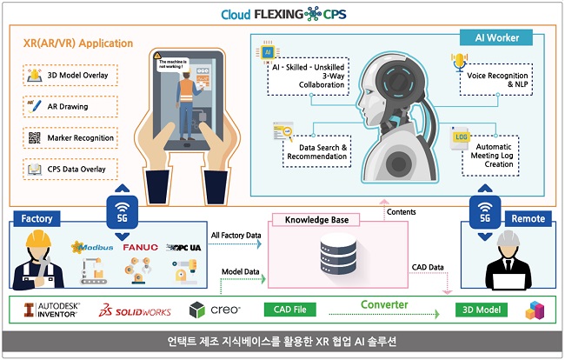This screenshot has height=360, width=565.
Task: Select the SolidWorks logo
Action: point(138,310)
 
